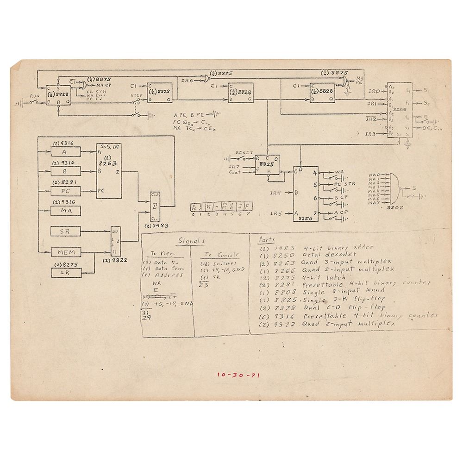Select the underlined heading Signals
click(x=191, y=242)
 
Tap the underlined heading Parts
click(x=268, y=239)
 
